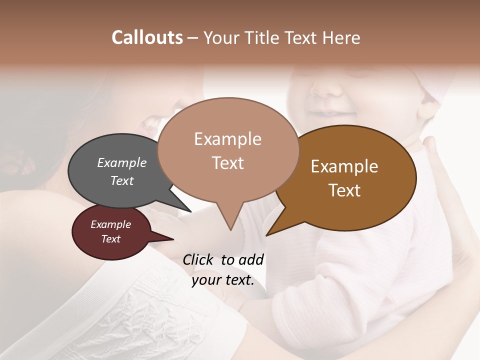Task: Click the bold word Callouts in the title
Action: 147,37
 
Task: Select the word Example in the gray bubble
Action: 122,162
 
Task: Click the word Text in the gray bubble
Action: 122,180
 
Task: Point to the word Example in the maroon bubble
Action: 110,224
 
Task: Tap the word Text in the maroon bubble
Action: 110,239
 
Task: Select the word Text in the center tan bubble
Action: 227,162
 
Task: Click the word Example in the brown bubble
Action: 344,166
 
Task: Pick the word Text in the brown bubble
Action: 344,190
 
